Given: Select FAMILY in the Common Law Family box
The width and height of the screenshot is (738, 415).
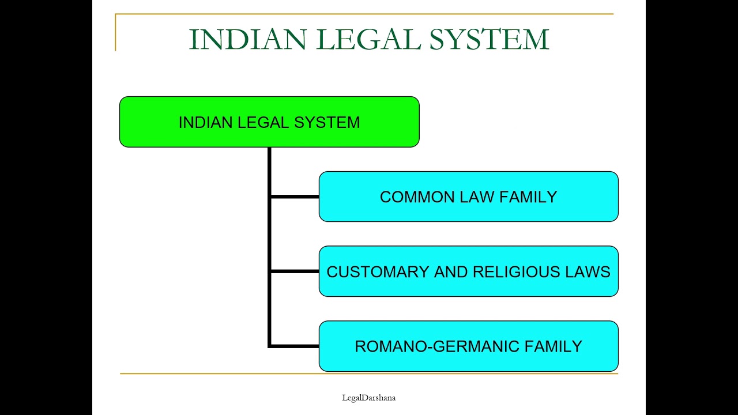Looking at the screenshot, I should pyautogui.click(x=528, y=197).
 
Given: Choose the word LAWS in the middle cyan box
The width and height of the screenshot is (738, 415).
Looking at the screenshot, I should pyautogui.click(x=590, y=272).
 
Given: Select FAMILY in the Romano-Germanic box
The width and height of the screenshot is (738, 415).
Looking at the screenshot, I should pyautogui.click(x=553, y=346).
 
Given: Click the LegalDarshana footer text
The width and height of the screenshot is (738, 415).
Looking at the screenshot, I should pyautogui.click(x=368, y=398).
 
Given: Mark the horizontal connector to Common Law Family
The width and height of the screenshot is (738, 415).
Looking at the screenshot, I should pyautogui.click(x=294, y=197).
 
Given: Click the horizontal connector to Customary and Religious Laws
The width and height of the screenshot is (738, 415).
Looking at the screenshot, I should pyautogui.click(x=294, y=271).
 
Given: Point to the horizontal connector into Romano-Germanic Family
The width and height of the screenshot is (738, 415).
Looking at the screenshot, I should pyautogui.click(x=294, y=346).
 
